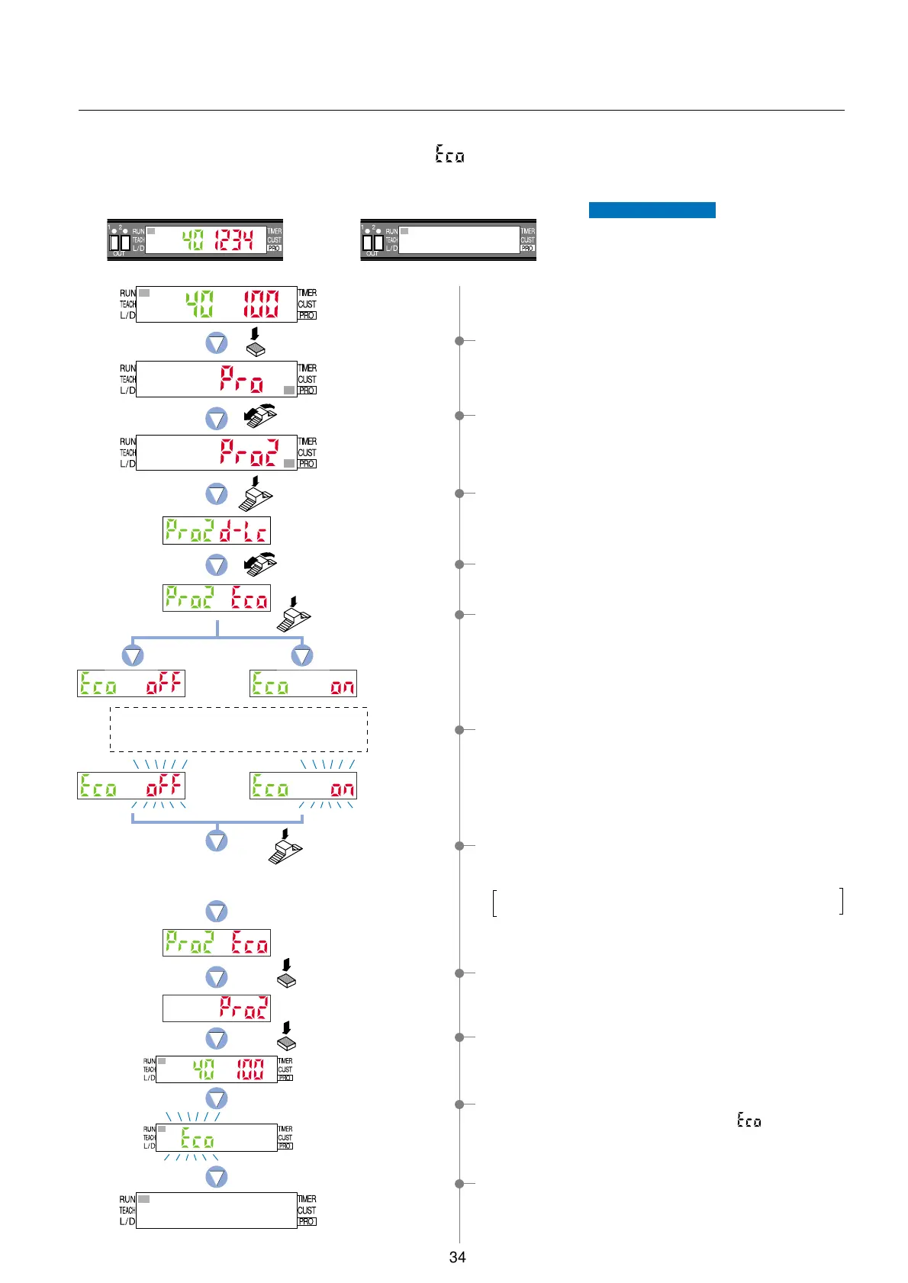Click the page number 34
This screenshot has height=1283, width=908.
click(457, 1257)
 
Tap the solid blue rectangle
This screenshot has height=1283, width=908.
click(652, 210)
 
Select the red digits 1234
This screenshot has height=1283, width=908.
click(233, 241)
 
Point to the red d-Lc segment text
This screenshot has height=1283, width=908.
click(243, 531)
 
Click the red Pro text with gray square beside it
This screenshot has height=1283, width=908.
click(241, 379)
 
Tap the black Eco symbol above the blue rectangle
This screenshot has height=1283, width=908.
click(449, 154)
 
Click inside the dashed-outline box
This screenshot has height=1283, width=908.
click(239, 729)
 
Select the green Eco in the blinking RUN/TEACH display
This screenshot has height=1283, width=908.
click(197, 1140)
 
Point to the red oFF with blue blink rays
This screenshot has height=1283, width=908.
click(165, 786)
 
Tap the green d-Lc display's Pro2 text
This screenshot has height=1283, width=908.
click(189, 531)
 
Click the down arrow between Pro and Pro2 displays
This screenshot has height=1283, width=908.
click(217, 418)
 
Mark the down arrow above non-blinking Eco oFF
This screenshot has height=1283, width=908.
click(133, 655)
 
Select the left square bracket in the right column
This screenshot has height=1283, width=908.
click(495, 902)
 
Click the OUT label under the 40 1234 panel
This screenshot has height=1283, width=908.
click(119, 254)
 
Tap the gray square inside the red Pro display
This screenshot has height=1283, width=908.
click(288, 390)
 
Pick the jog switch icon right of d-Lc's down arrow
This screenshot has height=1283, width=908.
click(260, 564)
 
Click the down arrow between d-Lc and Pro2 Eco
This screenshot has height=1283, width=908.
click(217, 564)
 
